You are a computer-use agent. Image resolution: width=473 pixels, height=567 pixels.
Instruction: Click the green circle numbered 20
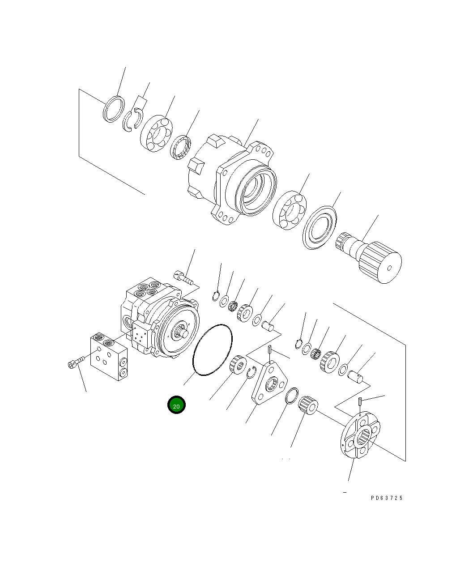pyautogui.click(x=176, y=405)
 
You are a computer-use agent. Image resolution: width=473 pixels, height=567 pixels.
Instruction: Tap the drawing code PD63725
pyautogui.click(x=387, y=498)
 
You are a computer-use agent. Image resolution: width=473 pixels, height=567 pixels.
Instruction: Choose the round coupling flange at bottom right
pyautogui.click(x=359, y=435)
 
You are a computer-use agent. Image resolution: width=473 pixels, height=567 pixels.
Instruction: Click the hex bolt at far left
pyautogui.click(x=74, y=364)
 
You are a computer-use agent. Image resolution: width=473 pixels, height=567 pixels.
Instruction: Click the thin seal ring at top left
pyautogui.click(x=113, y=109)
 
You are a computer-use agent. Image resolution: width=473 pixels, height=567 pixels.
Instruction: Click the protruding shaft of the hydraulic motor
pyautogui.click(x=183, y=333)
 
